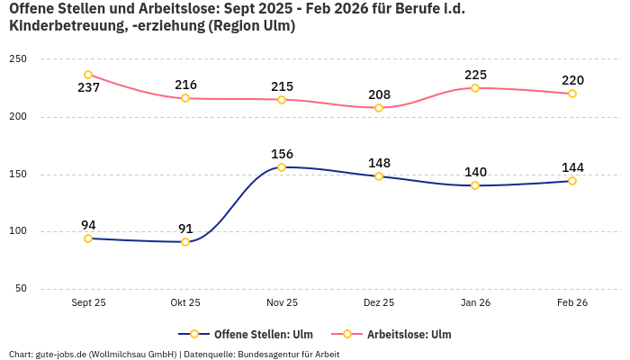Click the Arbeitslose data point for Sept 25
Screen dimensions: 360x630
88,75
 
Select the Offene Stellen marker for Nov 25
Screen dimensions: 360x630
282,167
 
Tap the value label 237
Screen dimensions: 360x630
88,88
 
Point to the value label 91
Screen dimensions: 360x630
185,229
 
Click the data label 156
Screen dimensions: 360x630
282,154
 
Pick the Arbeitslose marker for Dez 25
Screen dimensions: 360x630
379,108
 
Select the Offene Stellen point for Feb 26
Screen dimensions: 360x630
572,181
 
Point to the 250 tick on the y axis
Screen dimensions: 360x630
18,59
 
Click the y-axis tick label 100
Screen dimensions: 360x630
18,231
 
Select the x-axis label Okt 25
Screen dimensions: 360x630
185,303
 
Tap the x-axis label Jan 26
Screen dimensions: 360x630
475,303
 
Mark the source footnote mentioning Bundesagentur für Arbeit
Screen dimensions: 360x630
174,354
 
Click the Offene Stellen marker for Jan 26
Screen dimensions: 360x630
475,185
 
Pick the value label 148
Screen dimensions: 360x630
379,163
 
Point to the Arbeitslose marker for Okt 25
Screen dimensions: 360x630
185,98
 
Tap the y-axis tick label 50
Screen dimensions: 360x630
21,289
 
